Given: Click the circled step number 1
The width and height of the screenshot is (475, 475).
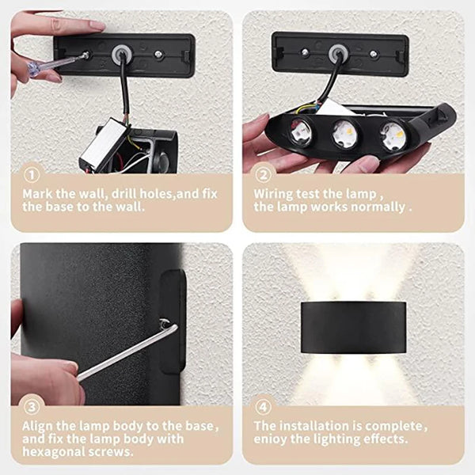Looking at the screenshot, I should pyautogui.click(x=30, y=175).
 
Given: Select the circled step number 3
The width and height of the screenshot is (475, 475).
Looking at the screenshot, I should pyautogui.click(x=30, y=408).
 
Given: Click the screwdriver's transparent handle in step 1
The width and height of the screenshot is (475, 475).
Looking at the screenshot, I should pyautogui.click(x=41, y=66).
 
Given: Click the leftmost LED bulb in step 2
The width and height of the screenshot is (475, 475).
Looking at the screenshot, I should pyautogui.click(x=302, y=131).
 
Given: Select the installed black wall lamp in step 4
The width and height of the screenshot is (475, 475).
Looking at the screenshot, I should pyautogui.click(x=353, y=327).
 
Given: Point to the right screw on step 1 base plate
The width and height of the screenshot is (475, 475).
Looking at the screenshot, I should pyautogui.click(x=159, y=55).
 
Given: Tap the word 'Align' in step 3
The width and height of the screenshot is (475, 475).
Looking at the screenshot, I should pyautogui.click(x=38, y=426).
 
